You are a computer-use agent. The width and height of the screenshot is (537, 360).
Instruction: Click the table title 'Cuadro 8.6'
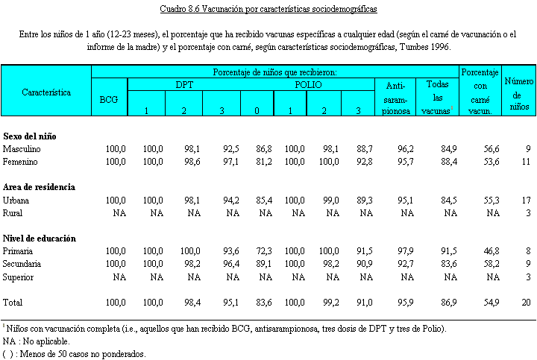coord(268,10)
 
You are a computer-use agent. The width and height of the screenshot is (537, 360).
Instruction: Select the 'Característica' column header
coord(46,92)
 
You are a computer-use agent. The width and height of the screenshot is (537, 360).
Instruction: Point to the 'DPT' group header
coord(184,84)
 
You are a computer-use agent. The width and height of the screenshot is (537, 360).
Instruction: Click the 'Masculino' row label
coord(22,149)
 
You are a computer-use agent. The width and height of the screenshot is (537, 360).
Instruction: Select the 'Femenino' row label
coord(22,161)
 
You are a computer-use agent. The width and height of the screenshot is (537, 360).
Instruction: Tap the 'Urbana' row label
coord(17,200)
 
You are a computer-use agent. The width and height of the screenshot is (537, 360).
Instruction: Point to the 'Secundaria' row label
coord(23,264)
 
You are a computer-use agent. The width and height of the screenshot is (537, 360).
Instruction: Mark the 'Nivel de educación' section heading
coord(39,239)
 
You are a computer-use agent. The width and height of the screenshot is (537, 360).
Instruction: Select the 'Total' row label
coord(13,302)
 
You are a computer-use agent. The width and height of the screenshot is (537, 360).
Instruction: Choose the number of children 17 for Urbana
coord(525,200)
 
